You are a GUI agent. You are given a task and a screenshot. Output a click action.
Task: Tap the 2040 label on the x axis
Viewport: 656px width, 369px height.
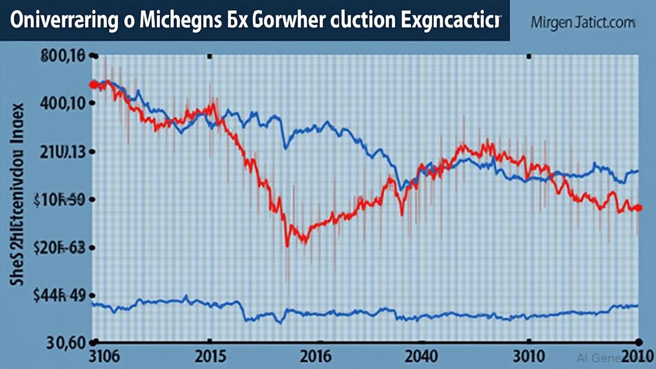[x=421, y=357]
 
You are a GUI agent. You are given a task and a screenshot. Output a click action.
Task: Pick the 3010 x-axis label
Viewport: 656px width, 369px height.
[x=528, y=357]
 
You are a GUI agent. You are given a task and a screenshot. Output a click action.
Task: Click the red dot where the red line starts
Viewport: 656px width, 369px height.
[x=94, y=85]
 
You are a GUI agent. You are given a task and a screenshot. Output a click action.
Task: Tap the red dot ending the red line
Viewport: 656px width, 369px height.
[x=638, y=208]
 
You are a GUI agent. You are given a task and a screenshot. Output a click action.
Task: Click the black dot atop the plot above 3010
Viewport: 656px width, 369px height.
[x=529, y=57]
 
